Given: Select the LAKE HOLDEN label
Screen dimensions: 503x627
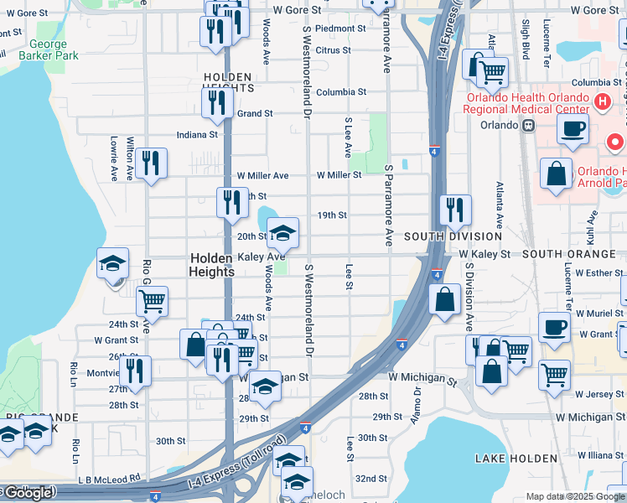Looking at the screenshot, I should [x=516, y=459].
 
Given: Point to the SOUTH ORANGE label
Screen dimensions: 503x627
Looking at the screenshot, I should [x=568, y=253].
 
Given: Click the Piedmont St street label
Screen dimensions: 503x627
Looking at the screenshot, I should [x=340, y=28].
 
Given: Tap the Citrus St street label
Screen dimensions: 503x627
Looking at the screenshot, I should [x=333, y=50].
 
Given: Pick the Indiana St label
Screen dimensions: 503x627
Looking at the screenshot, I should [x=197, y=134].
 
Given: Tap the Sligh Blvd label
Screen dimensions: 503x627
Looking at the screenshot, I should [x=526, y=39].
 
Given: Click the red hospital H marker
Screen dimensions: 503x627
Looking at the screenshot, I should [x=600, y=102].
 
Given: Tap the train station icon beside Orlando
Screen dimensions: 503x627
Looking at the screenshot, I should [x=528, y=126].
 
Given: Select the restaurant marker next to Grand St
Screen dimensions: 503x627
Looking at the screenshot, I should [x=217, y=102].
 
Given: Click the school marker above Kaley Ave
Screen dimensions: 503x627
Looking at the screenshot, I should [x=283, y=232].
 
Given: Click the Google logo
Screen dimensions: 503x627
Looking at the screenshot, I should [x=28, y=494].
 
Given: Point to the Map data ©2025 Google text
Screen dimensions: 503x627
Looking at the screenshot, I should [x=574, y=496].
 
